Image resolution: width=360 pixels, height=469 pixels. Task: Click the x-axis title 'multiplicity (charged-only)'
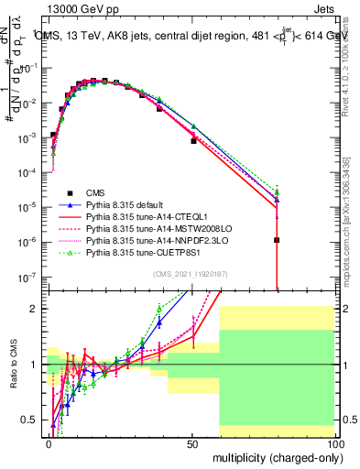click(x=275, y=457)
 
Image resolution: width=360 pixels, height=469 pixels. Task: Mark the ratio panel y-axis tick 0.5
click(x=34, y=420)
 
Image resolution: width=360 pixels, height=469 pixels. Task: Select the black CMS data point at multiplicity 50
click(x=193, y=141)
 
